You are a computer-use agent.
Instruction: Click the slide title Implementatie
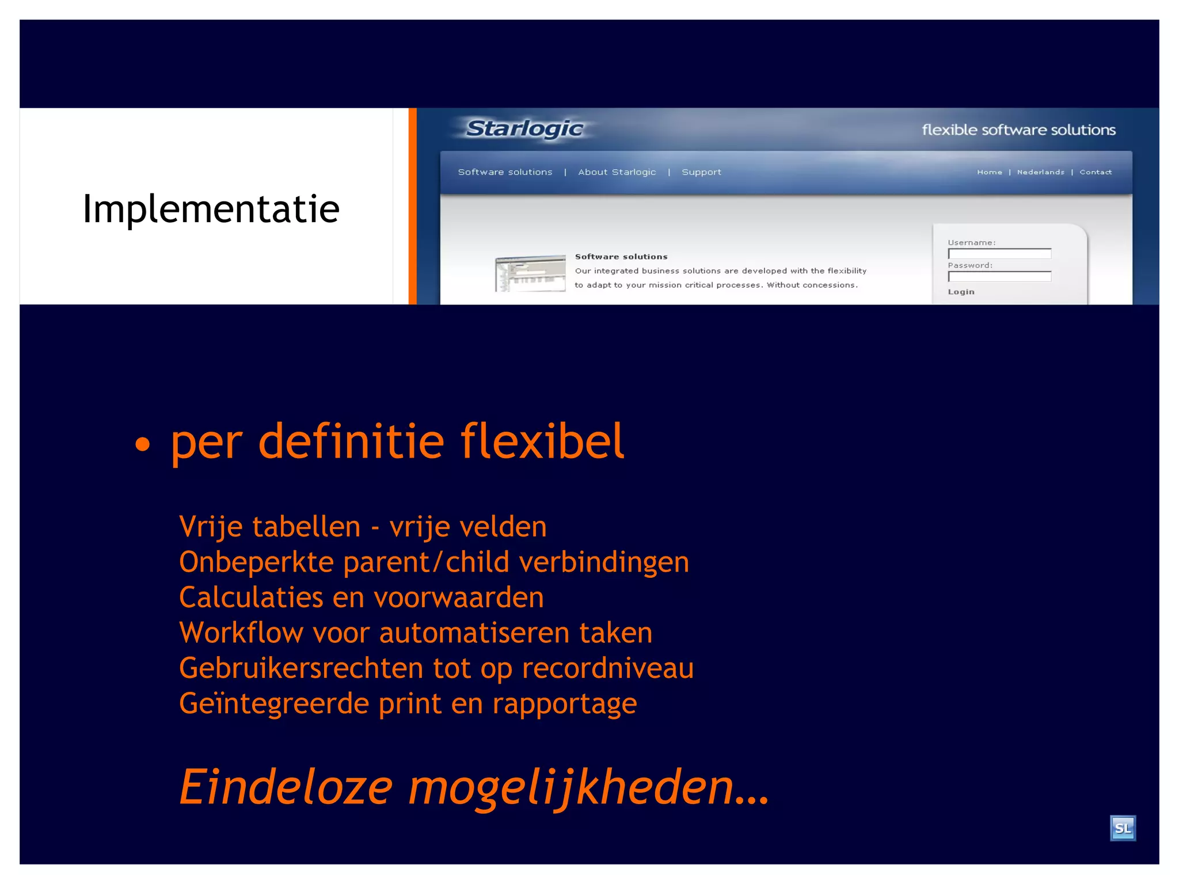(211, 208)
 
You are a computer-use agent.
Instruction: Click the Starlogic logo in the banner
(524, 128)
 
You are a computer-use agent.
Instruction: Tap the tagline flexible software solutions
(1018, 130)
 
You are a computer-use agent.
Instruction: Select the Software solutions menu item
(505, 172)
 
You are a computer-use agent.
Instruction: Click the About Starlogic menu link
(617, 172)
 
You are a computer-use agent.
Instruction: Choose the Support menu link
(701, 172)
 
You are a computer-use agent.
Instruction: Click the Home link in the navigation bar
(989, 172)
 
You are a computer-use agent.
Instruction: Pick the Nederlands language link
(1040, 172)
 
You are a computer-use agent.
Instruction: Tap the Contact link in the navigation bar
(1095, 172)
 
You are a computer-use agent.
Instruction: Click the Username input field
(999, 254)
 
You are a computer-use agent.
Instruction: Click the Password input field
(999, 277)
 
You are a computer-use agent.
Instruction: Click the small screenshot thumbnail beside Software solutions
(530, 273)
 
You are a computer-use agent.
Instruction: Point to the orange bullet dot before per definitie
(142, 444)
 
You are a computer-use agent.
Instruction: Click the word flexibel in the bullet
(542, 441)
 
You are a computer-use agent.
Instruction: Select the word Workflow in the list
(241, 633)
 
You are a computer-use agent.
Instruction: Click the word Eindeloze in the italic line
(286, 787)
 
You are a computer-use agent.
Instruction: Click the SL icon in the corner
(1122, 828)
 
